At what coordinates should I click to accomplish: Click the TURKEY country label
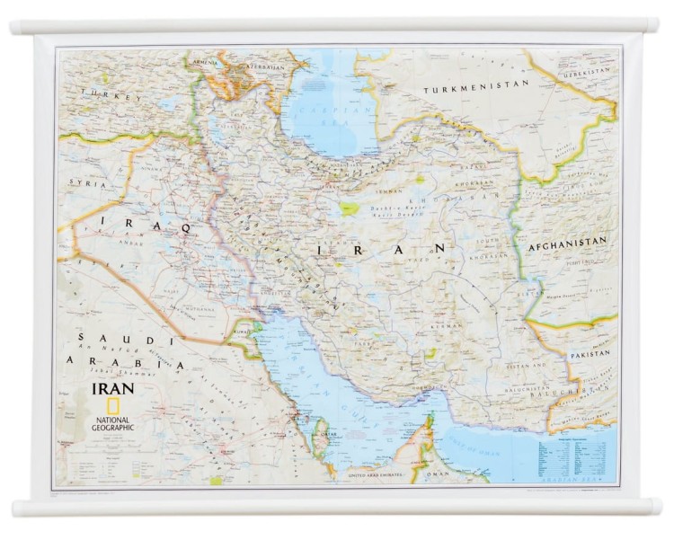tap(101, 93)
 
